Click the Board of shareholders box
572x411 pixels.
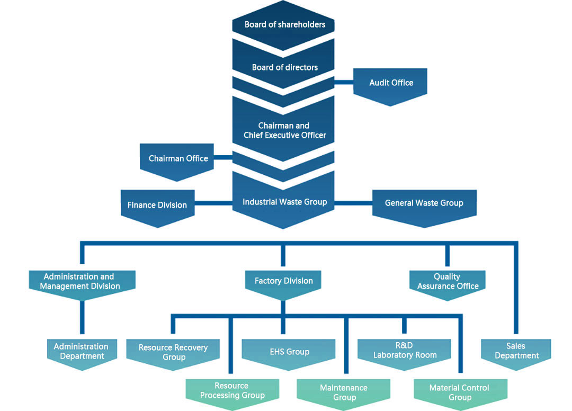283,25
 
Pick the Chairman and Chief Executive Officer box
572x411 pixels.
283,130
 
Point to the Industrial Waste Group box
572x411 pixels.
283,201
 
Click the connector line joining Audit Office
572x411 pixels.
344,83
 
